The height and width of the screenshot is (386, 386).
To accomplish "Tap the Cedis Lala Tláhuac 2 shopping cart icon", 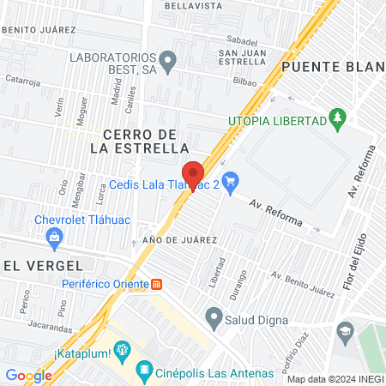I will click(229, 181).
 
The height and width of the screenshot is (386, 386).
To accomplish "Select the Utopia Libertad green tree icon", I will click(339, 116).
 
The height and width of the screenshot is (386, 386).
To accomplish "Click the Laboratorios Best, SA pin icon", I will click(168, 60).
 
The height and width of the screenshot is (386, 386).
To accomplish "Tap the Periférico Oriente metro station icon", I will click(157, 284).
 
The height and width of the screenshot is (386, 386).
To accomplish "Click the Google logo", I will click(28, 375).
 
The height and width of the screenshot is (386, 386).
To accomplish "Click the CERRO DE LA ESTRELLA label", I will click(139, 141).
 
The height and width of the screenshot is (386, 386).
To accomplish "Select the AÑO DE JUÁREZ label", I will click(180, 239).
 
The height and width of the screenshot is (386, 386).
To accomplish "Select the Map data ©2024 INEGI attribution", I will click(335, 379).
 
